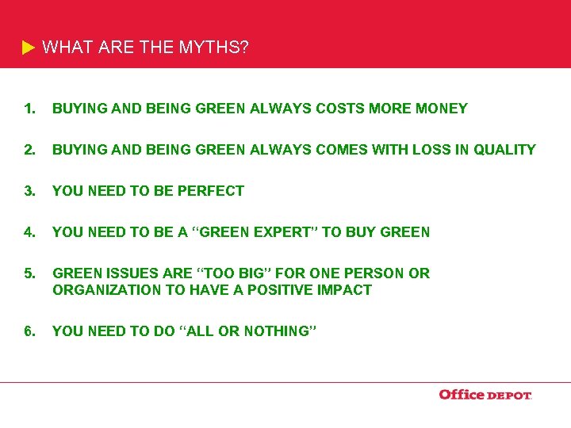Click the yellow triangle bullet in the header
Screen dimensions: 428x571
[29, 48]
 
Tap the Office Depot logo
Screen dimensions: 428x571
[485, 395]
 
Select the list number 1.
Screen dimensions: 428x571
[29, 109]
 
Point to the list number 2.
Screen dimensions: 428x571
[29, 150]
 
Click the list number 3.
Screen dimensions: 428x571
[29, 191]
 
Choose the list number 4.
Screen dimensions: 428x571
[29, 232]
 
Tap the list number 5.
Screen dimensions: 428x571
[29, 273]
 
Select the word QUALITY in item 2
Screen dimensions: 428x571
[504, 150]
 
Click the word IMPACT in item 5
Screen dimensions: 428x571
[345, 290]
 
